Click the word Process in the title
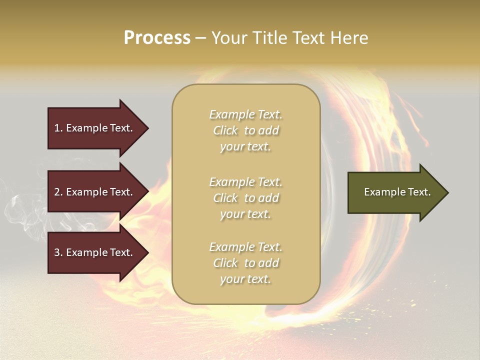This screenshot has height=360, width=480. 157,38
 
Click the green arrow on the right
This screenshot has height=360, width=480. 395,192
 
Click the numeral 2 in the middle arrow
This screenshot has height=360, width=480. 57,192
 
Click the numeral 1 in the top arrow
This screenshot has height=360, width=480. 56,128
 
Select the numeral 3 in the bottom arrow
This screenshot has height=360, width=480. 57,252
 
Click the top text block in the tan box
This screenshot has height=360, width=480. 245,130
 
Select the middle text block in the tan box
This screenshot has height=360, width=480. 245,198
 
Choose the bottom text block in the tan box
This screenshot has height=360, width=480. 245,263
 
